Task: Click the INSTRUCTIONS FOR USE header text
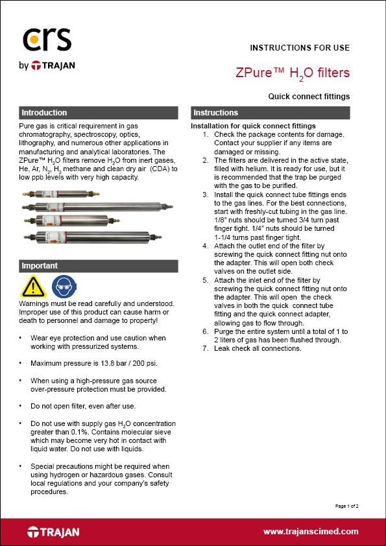click(x=300, y=48)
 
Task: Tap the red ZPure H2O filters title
click(x=293, y=73)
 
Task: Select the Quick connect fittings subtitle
click(x=309, y=97)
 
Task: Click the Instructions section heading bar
click(x=270, y=113)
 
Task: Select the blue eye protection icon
click(x=62, y=285)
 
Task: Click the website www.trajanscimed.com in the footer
click(x=311, y=532)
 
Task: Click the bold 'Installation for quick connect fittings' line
click(x=253, y=126)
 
